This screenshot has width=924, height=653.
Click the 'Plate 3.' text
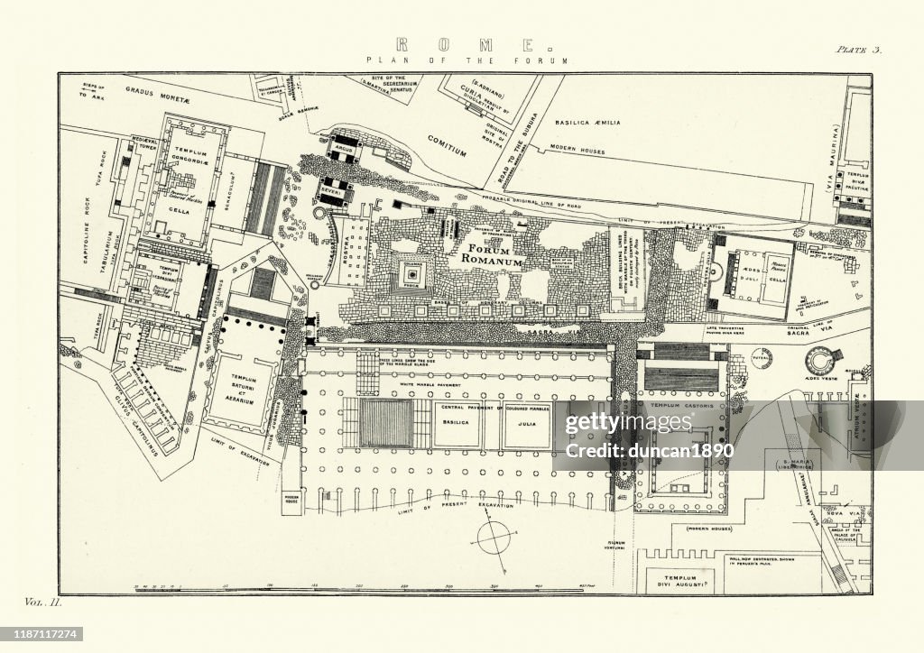point(857,51)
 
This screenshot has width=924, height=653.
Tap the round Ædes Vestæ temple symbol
point(822,359)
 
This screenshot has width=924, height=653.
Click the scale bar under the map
point(361,587)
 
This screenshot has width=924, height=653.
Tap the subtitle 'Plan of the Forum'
point(467,60)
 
